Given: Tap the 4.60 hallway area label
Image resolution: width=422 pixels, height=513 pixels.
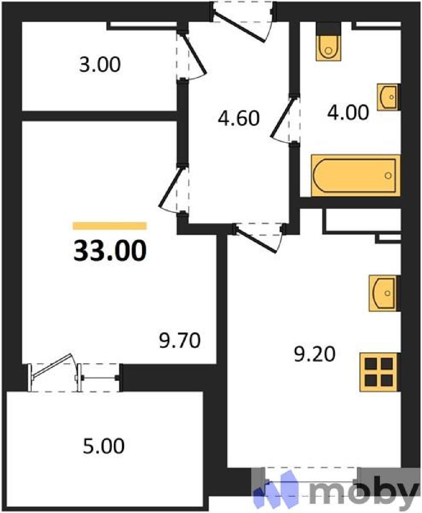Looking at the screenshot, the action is pos(238,118).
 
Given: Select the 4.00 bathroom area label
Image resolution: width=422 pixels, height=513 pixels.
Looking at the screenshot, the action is pos(348,113).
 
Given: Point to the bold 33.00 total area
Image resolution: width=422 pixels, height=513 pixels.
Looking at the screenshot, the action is pos(110,250).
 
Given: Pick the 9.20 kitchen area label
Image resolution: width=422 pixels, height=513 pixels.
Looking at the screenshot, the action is pos(315,354).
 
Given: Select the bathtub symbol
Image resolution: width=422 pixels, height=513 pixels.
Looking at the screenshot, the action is pos(356,175).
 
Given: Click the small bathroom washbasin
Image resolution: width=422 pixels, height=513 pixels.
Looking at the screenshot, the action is pos(388,97).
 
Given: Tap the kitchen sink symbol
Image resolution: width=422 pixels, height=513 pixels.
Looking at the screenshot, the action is pos(384,294).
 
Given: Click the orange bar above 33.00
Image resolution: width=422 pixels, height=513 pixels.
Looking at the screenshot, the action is pos(110,226).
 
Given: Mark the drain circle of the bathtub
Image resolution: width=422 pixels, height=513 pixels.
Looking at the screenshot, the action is pos(388,175).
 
